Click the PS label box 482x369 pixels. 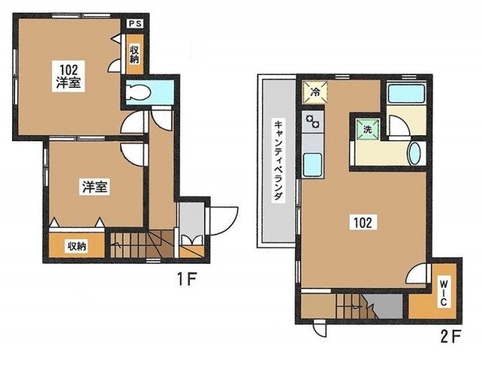tap(136, 23)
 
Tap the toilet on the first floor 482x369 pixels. tap(139, 91)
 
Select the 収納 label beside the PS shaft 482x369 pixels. tap(134, 54)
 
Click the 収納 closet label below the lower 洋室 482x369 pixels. tap(77, 246)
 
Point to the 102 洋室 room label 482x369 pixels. tap(69, 75)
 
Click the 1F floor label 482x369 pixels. tap(186, 279)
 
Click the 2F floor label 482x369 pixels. tap(451, 337)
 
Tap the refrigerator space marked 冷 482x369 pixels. tap(315, 92)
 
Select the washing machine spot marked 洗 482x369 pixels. tap(368, 129)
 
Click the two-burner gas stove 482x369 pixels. tap(313, 121)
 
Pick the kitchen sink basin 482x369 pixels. tap(313, 165)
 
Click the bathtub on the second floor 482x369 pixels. tap(406, 94)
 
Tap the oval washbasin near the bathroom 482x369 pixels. tap(414, 153)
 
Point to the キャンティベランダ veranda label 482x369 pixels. tap(278, 161)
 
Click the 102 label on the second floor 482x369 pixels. tap(363, 222)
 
